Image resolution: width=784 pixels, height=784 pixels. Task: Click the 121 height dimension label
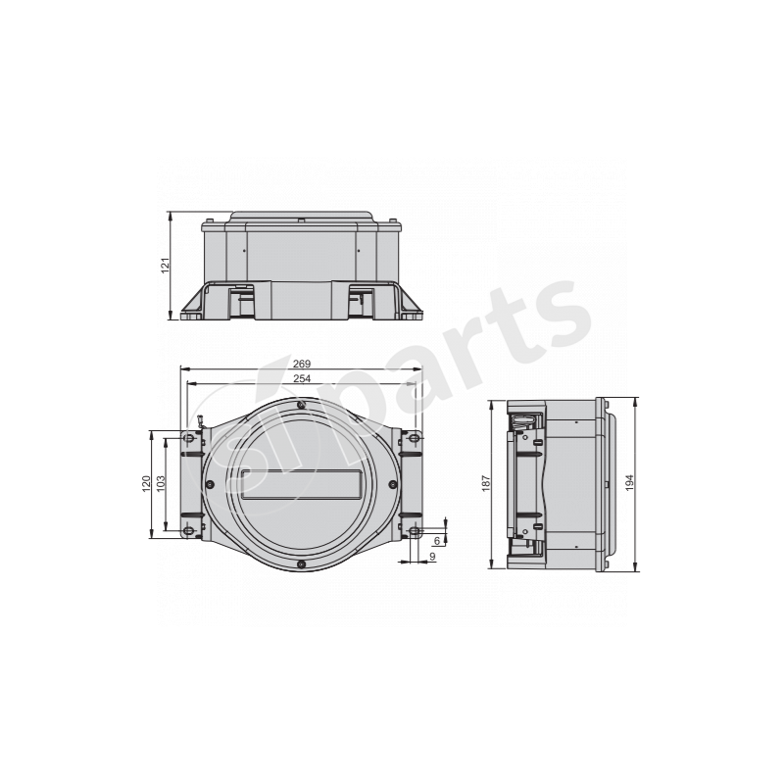166,265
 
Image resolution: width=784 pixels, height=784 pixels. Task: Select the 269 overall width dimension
302,364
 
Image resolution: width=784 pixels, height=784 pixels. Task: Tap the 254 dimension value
302,378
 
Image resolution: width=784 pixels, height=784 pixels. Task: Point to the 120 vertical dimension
146,483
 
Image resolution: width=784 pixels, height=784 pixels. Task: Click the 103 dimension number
161,483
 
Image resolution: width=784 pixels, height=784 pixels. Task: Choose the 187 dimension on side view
486,483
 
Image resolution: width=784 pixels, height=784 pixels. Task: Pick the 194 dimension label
629,482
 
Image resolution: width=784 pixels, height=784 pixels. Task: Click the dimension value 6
437,541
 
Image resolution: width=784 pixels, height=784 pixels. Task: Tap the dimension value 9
432,557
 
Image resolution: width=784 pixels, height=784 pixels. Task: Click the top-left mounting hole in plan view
188,438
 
